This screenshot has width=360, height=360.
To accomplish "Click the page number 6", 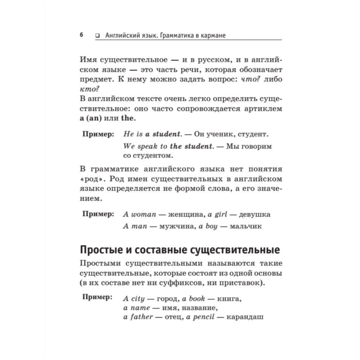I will tap(81, 35).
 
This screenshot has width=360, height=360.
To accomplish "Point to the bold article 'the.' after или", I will tap(130, 118).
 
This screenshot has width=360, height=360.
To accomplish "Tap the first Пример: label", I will tap(98, 134).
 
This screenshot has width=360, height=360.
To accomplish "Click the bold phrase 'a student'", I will tap(162, 134).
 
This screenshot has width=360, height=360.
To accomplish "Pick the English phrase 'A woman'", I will tap(139, 214).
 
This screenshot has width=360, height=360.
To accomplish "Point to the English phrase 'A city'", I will tap(134, 299).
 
